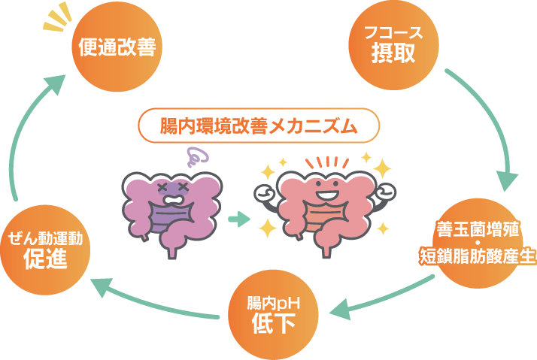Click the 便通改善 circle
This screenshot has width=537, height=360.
116,47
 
